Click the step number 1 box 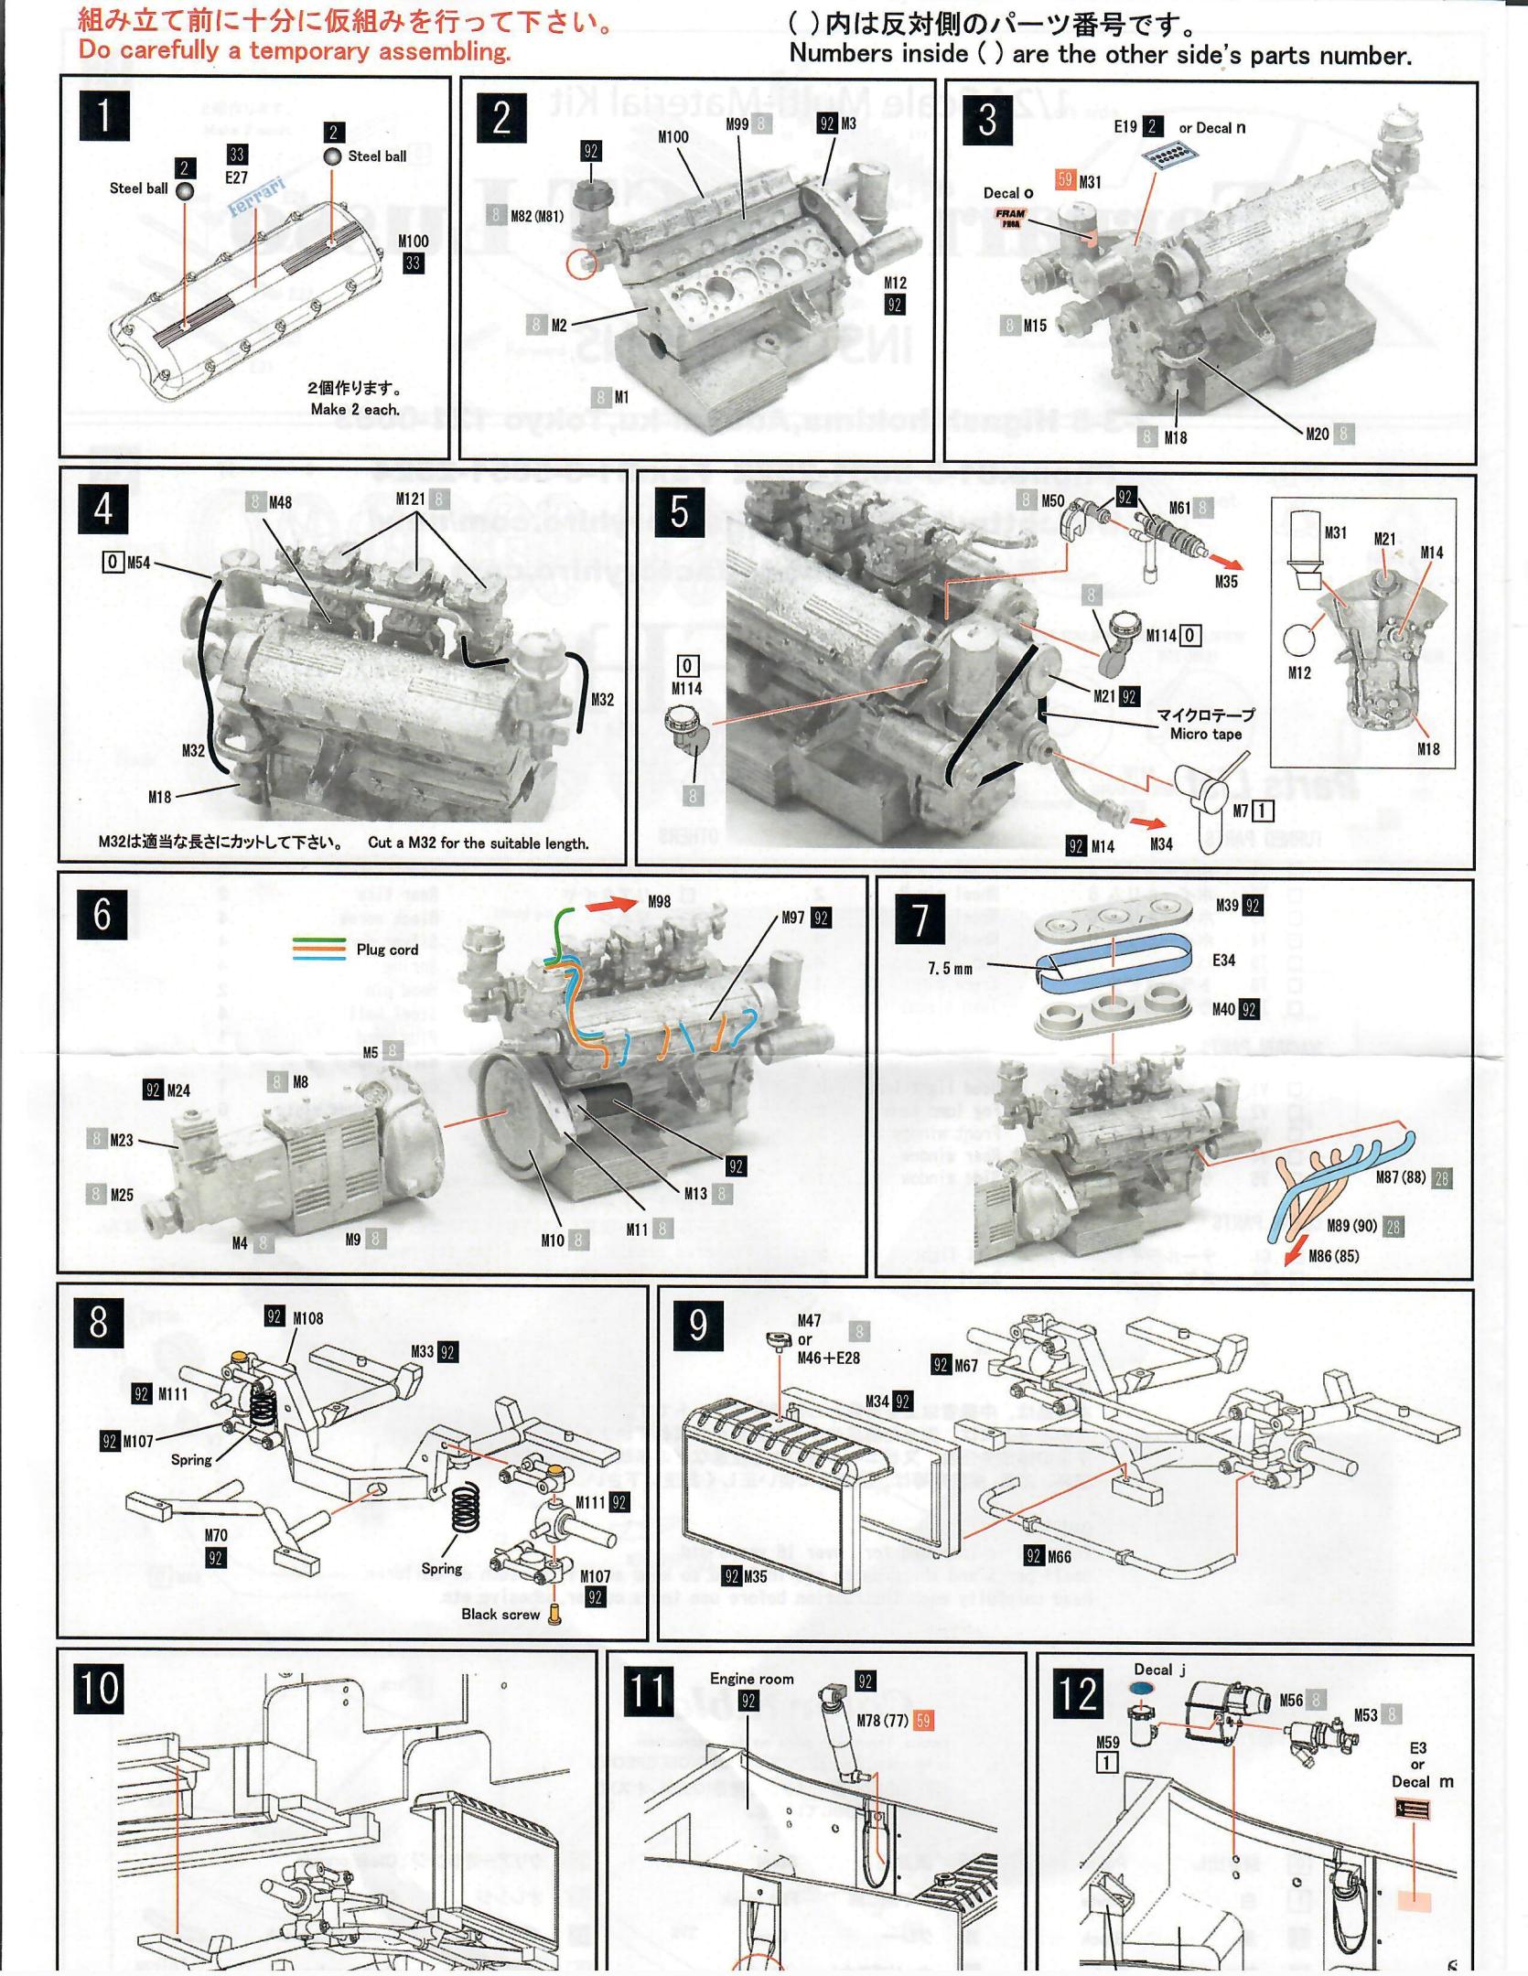click(104, 115)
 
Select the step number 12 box click(1079, 1691)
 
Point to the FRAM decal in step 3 click(1011, 218)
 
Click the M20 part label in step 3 click(1318, 434)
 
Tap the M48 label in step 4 click(280, 501)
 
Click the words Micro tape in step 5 click(1206, 734)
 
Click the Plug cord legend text click(387, 949)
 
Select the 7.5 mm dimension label click(950, 968)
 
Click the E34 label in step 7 click(1223, 960)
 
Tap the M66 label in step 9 click(1059, 1555)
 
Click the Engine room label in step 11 click(751, 1678)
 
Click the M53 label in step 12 click(1366, 1713)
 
